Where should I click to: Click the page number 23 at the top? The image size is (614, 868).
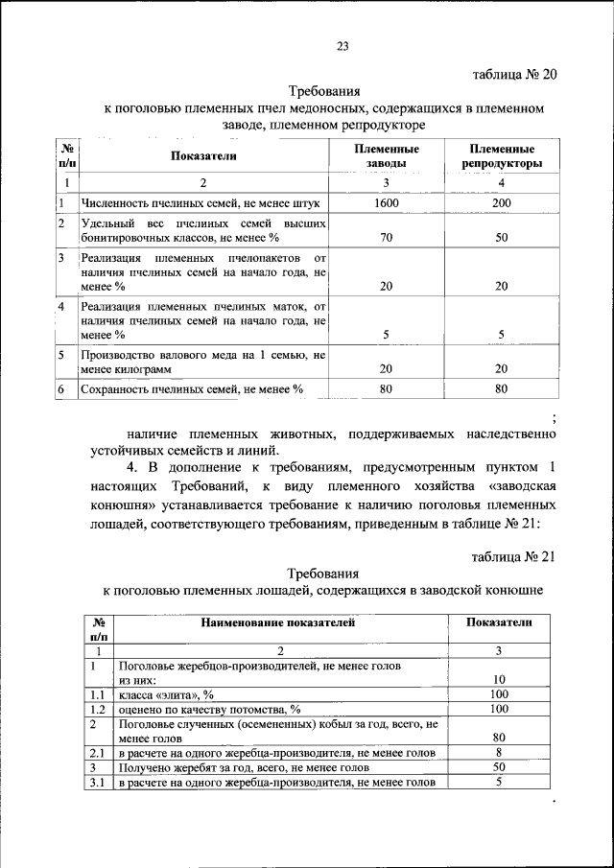pyautogui.click(x=342, y=46)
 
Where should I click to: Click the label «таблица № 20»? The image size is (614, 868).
pyautogui.click(x=515, y=75)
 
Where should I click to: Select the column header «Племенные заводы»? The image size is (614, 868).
pyautogui.click(x=387, y=157)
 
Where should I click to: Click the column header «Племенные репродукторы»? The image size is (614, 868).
pyautogui.click(x=502, y=157)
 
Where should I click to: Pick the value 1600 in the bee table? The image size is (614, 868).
pyautogui.click(x=387, y=203)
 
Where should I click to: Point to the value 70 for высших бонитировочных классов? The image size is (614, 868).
pyautogui.click(x=387, y=237)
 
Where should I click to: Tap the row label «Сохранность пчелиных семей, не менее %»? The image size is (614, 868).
pyautogui.click(x=192, y=389)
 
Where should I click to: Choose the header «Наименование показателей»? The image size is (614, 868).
pyautogui.click(x=278, y=622)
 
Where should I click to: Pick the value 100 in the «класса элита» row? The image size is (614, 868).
pyautogui.click(x=498, y=693)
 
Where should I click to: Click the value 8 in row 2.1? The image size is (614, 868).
pyautogui.click(x=498, y=753)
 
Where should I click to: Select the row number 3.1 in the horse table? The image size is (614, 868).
pyautogui.click(x=96, y=783)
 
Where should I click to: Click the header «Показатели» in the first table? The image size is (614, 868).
pyautogui.click(x=203, y=156)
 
